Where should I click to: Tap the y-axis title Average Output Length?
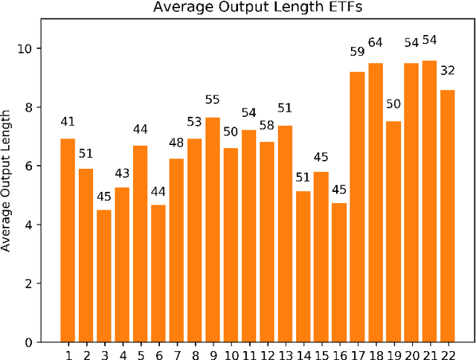click(7, 180)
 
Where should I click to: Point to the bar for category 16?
click(339, 272)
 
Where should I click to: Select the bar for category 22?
click(448, 216)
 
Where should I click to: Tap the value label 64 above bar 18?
click(376, 42)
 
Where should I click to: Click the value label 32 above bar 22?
click(448, 71)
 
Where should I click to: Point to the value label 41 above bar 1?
click(68, 120)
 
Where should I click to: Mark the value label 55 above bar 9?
click(213, 99)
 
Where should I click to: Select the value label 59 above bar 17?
click(358, 52)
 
